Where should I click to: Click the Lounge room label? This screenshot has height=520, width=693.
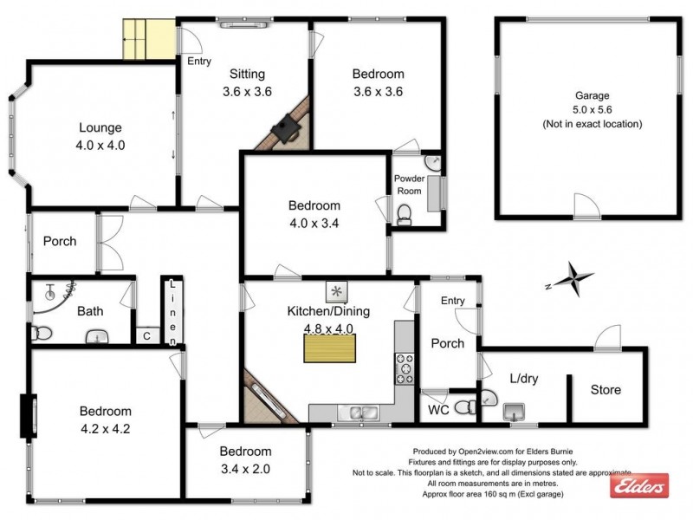100,128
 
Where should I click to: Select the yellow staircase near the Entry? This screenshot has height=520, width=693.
148,39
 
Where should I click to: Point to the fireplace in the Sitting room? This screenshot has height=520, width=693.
287,130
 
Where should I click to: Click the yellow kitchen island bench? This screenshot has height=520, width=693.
329,348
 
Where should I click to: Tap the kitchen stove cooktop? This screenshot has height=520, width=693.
405,368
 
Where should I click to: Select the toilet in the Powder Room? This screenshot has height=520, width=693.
404,213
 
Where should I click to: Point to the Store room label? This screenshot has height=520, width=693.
606,389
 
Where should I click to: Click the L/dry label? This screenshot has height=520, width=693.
522,379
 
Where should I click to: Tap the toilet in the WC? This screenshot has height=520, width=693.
464,406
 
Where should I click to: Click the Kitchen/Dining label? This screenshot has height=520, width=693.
329,310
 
